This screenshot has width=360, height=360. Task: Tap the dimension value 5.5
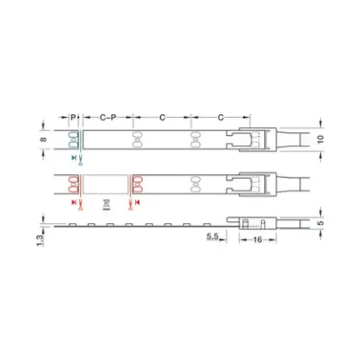click(211, 235)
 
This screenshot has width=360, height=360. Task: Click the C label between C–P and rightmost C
click(163, 115)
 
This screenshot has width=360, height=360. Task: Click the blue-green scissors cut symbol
click(77, 156)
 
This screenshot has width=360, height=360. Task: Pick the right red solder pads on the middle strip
click(136, 183)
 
